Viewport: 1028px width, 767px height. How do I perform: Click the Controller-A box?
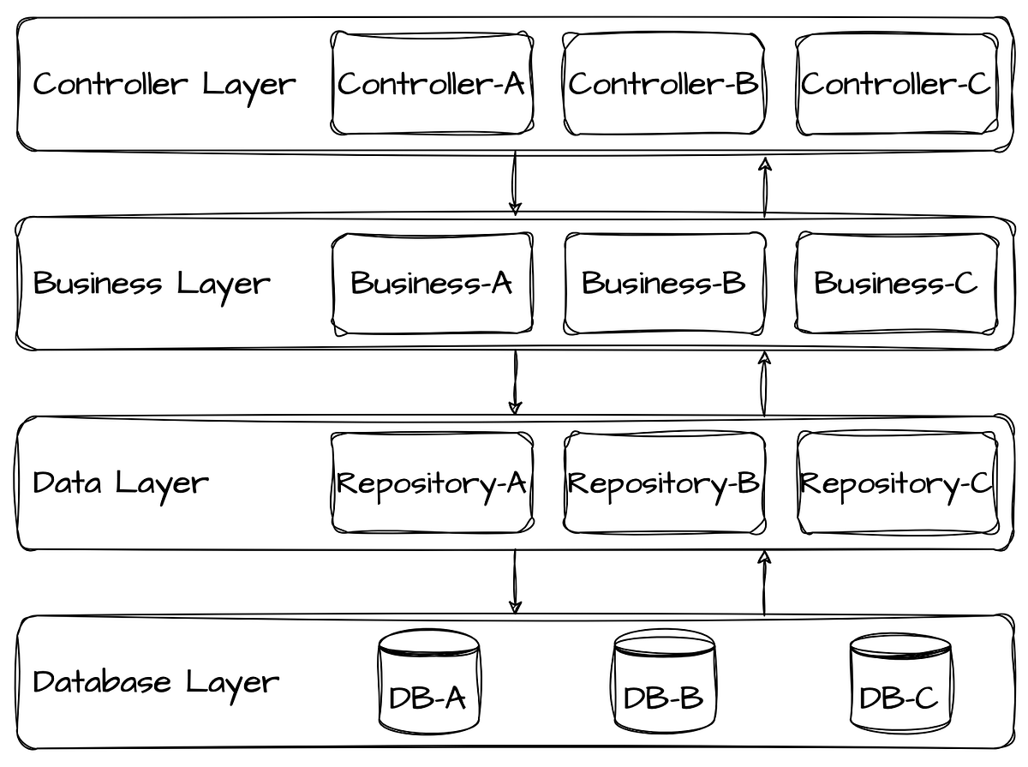click(432, 84)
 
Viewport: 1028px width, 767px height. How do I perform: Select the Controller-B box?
click(664, 84)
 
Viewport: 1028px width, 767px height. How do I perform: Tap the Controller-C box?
click(896, 84)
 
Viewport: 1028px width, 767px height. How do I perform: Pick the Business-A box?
click(432, 283)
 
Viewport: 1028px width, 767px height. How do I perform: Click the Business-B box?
click(664, 283)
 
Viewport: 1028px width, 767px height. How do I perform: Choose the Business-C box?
click(896, 283)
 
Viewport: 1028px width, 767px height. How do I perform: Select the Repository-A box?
click(432, 482)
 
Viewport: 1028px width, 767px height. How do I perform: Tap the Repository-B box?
click(664, 482)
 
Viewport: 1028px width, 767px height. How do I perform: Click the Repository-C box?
click(897, 482)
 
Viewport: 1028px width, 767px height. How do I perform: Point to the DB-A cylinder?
click(428, 682)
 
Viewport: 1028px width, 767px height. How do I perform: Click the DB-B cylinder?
click(664, 682)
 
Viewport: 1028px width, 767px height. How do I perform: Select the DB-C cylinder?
click(899, 683)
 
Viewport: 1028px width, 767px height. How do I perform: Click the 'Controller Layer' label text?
click(164, 84)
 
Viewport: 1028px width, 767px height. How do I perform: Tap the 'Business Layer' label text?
click(151, 283)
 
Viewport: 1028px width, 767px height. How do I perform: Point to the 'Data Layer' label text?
click(120, 482)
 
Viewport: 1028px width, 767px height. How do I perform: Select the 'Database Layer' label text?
click(155, 682)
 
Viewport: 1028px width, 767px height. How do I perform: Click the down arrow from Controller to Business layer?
click(515, 183)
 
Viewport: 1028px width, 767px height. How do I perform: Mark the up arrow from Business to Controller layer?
click(765, 187)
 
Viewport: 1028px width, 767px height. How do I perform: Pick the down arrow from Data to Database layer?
click(515, 582)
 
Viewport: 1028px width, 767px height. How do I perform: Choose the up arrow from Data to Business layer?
click(764, 383)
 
